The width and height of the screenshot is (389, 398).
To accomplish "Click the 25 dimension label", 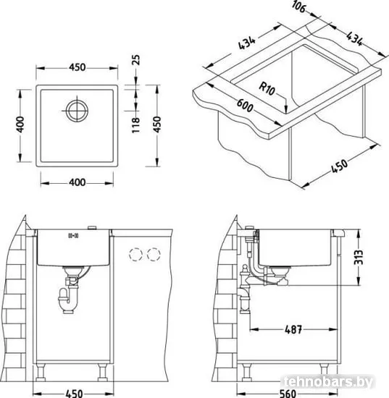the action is click(136, 60).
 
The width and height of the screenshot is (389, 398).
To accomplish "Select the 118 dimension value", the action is click(136, 125).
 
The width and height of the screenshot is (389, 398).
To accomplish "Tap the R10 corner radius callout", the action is click(267, 88).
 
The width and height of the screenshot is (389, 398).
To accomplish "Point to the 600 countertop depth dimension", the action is click(245, 105).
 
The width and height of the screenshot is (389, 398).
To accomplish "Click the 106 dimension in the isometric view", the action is click(298, 7).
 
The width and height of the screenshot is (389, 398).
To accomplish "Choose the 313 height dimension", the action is click(359, 257).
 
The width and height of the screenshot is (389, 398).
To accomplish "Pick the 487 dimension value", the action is click(293, 329).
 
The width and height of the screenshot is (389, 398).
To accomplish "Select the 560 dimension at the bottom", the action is click(288, 394).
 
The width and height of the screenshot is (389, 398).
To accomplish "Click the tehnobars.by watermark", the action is click(328, 382).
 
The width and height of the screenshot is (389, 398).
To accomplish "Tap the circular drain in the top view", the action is click(77, 111).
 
